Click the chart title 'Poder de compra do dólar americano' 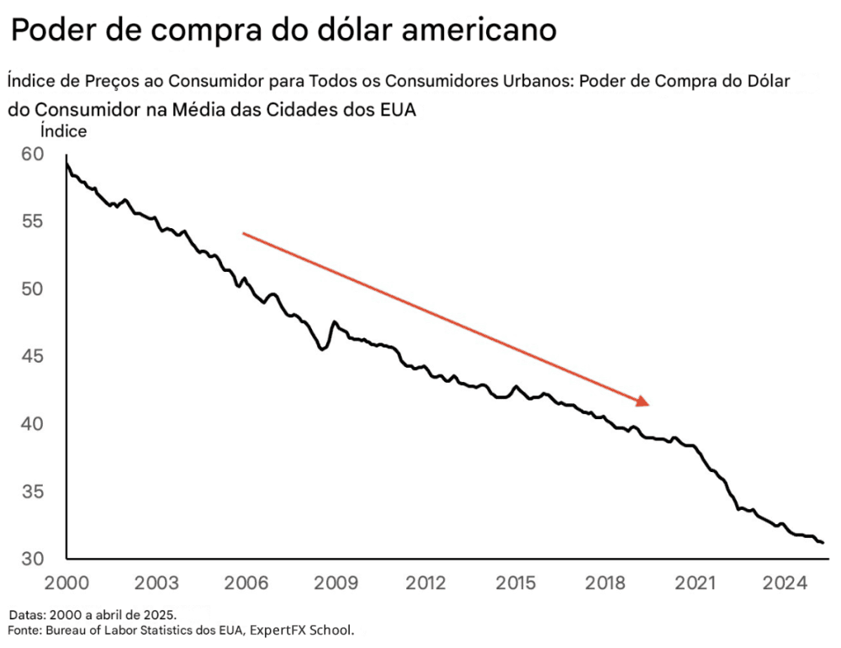point(283,31)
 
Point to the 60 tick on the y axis point(31,155)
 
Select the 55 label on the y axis point(31,222)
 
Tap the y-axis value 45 point(31,357)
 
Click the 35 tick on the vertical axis point(31,491)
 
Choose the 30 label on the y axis point(31,559)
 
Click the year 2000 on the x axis point(66,583)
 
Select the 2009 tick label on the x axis point(336,583)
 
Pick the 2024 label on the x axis point(785,583)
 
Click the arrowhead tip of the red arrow point(649,405)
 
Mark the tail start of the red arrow point(243,233)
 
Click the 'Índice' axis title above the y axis point(63,131)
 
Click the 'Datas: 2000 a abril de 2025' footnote point(93,614)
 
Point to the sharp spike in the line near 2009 point(335,321)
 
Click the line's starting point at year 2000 point(66,160)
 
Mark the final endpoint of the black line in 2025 point(822,543)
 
